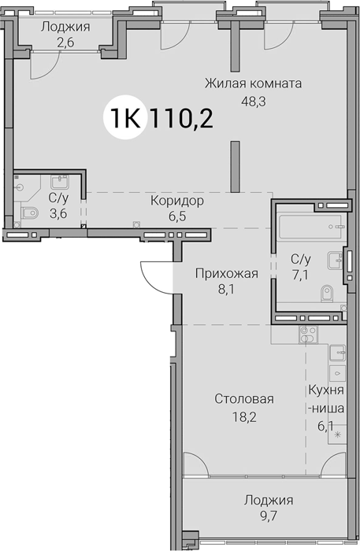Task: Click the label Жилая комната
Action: tap(253, 83)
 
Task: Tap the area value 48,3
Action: tap(254, 102)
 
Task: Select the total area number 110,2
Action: tap(181, 118)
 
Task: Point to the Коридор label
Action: tap(177, 201)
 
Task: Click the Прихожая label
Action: tap(227, 273)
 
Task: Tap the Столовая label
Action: tap(244, 399)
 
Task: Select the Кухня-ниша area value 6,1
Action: tap(326, 427)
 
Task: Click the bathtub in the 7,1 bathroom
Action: tap(310, 227)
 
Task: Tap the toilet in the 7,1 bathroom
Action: tap(327, 293)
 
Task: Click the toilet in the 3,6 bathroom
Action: tap(29, 213)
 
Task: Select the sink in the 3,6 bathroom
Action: tap(60, 182)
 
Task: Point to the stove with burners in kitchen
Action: tap(308, 335)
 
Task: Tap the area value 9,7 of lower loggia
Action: tap(269, 516)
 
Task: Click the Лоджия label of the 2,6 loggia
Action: tap(65, 27)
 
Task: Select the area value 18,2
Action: tap(244, 416)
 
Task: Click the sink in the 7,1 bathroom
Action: tap(335, 261)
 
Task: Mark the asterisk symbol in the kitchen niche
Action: tap(337, 435)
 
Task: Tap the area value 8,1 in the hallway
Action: tap(227, 290)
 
